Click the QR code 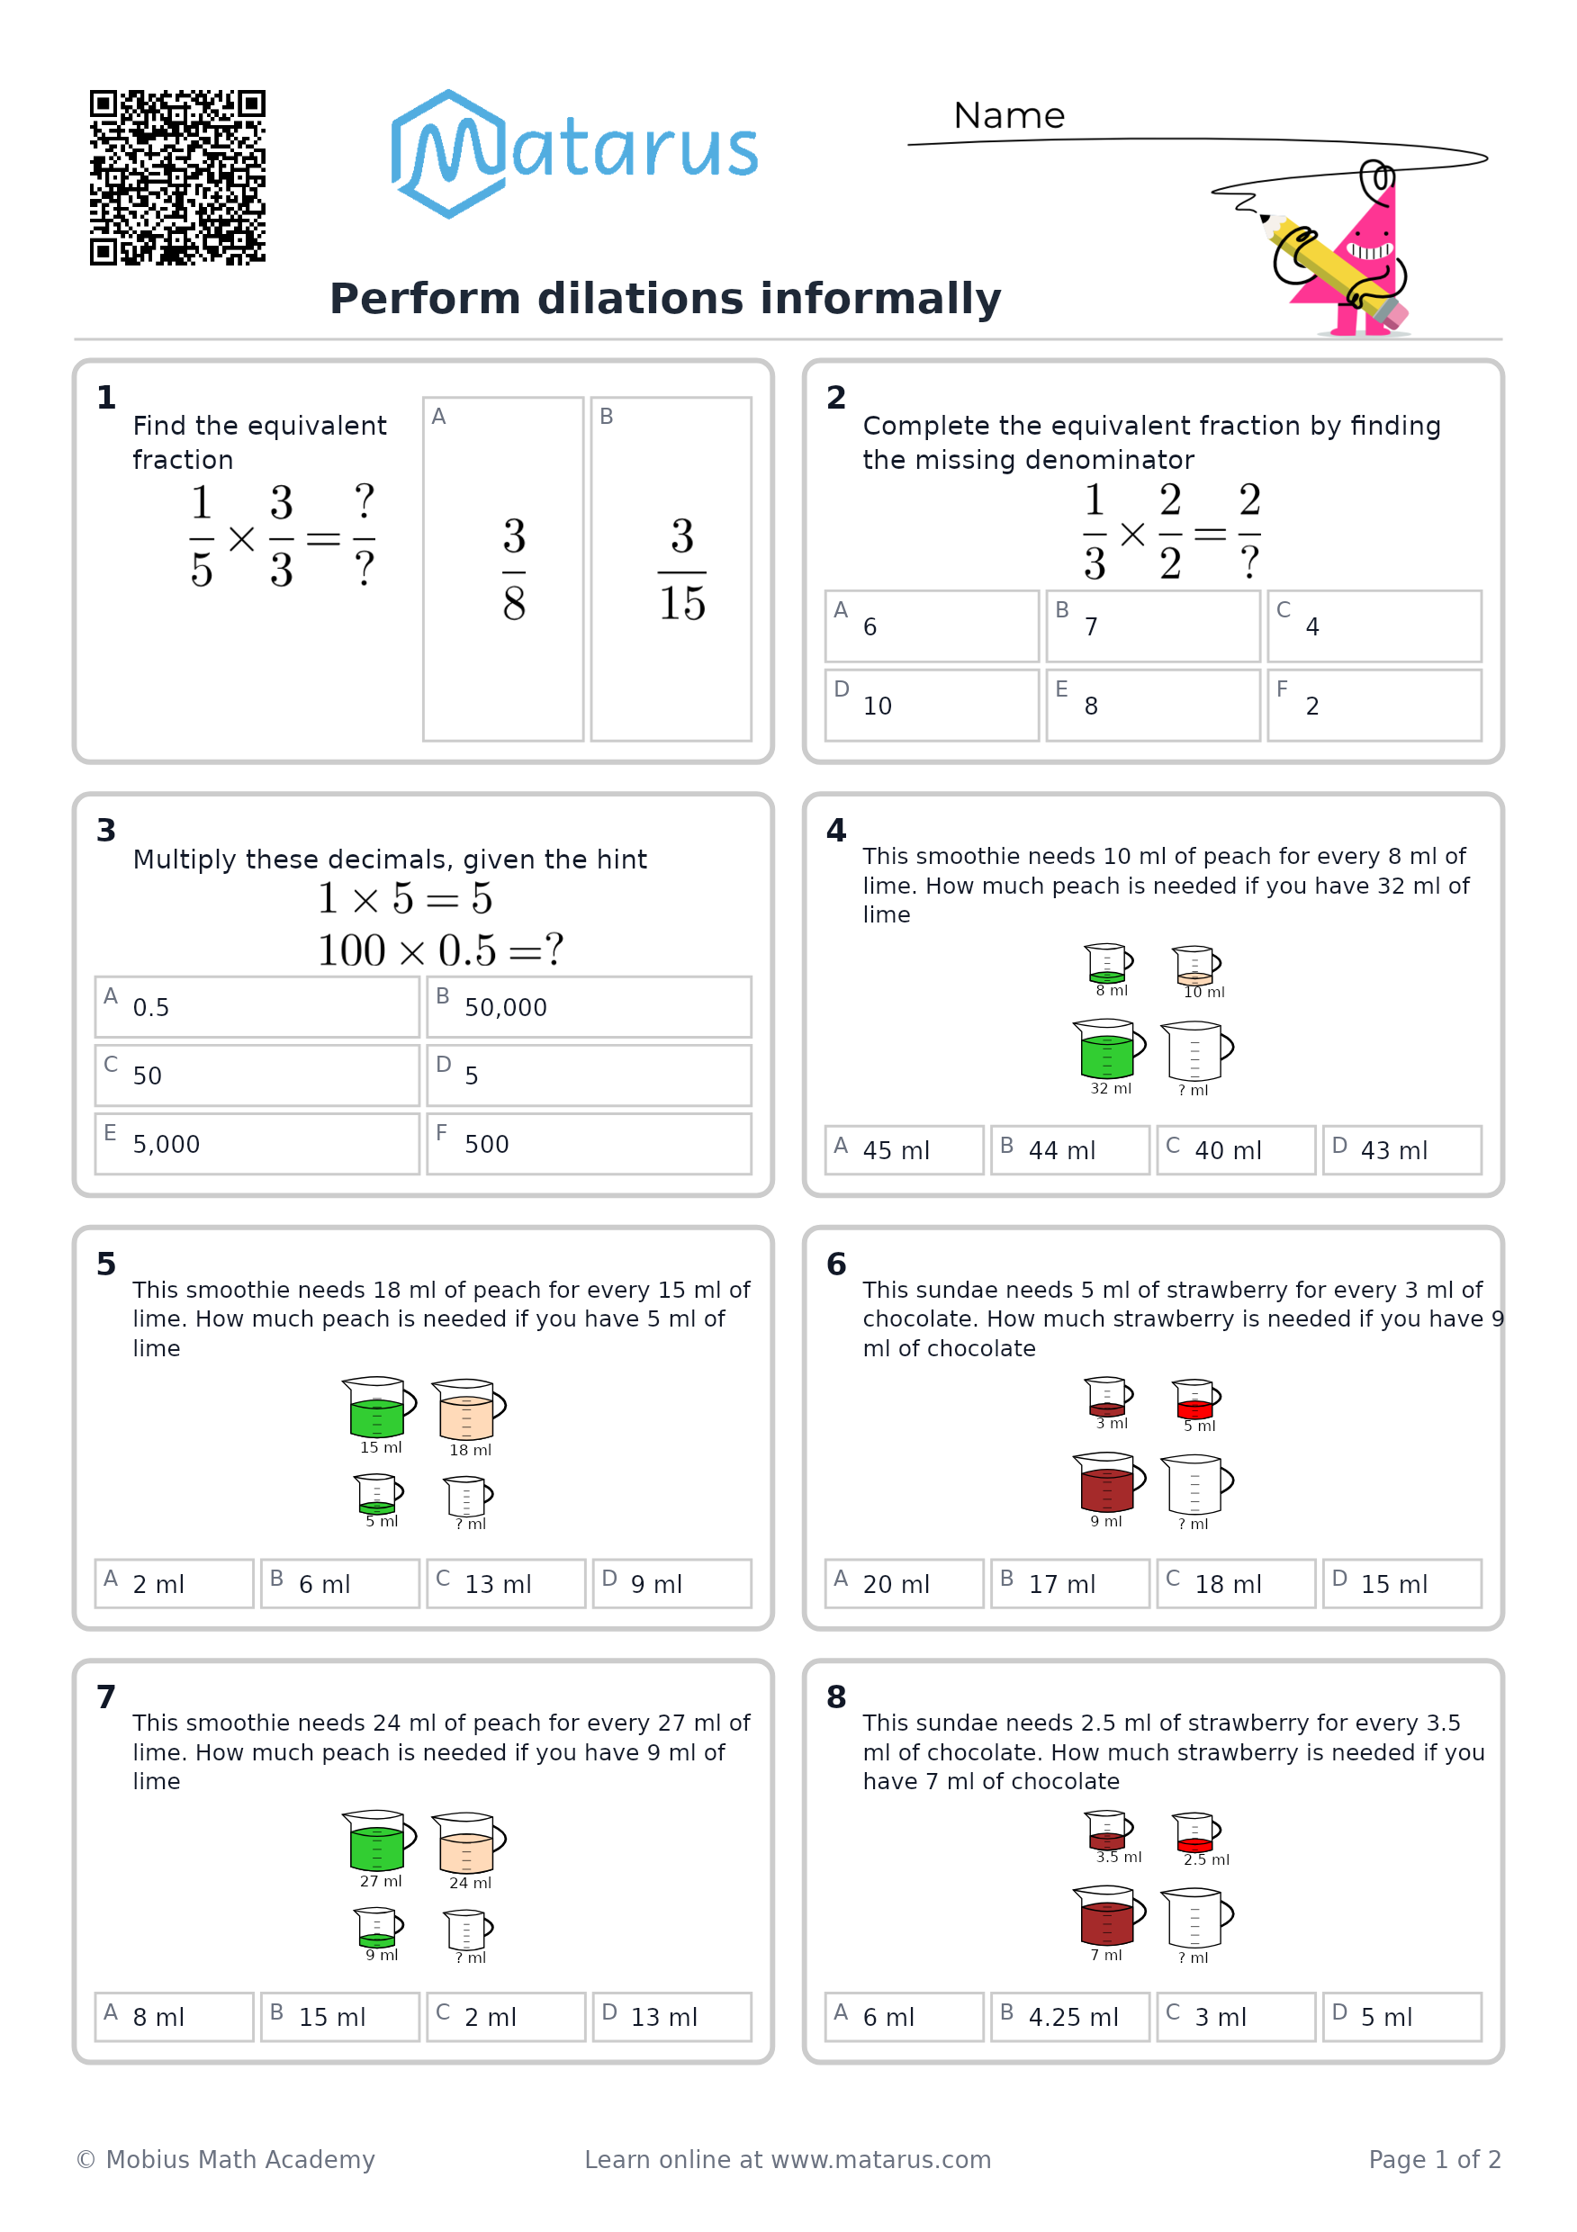tap(178, 177)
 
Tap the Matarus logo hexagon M tap(448, 154)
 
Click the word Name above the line tap(1008, 116)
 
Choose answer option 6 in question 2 tap(932, 626)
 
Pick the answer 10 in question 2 tap(932, 705)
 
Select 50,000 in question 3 tap(588, 1006)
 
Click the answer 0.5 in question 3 tap(257, 1006)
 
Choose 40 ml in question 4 tap(1235, 1150)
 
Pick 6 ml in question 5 tap(339, 1584)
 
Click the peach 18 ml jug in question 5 tap(469, 1408)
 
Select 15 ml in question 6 tap(1402, 1584)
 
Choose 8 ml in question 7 tap(174, 2017)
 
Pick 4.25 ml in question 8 tap(1069, 2017)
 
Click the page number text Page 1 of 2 tap(1434, 2159)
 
